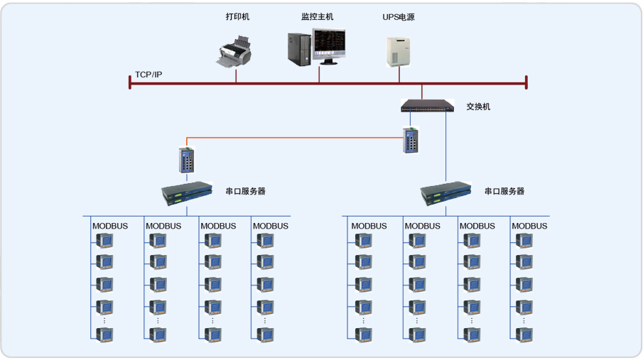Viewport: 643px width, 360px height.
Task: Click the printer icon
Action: pyautogui.click(x=235, y=54)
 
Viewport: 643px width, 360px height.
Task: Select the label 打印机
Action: pyautogui.click(x=237, y=16)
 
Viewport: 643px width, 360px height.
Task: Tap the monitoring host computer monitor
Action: pyautogui.click(x=328, y=46)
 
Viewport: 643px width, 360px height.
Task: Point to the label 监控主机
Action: pyautogui.click(x=317, y=16)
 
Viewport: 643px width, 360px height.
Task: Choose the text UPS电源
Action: pyautogui.click(x=399, y=16)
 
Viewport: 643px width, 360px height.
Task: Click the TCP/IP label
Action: pyautogui.click(x=148, y=75)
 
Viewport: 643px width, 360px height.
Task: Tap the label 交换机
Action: pyautogui.click(x=478, y=107)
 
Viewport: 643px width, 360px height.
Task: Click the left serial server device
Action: pyautogui.click(x=187, y=192)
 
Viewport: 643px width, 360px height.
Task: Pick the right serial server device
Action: pyautogui.click(x=446, y=192)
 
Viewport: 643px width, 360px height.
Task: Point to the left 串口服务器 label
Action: pyautogui.click(x=245, y=191)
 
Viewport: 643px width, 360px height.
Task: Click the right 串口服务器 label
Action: pyautogui.click(x=504, y=191)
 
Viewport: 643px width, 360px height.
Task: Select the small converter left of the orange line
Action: pyautogui.click(x=188, y=159)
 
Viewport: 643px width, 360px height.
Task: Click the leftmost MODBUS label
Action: pyautogui.click(x=110, y=226)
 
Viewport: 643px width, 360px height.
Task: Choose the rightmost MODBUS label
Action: pyautogui.click(x=529, y=226)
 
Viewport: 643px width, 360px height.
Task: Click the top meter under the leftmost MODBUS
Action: pyautogui.click(x=104, y=241)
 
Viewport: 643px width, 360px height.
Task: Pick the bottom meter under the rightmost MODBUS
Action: pyautogui.click(x=524, y=334)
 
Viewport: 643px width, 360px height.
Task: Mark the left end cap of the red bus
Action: pyautogui.click(x=130, y=82)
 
